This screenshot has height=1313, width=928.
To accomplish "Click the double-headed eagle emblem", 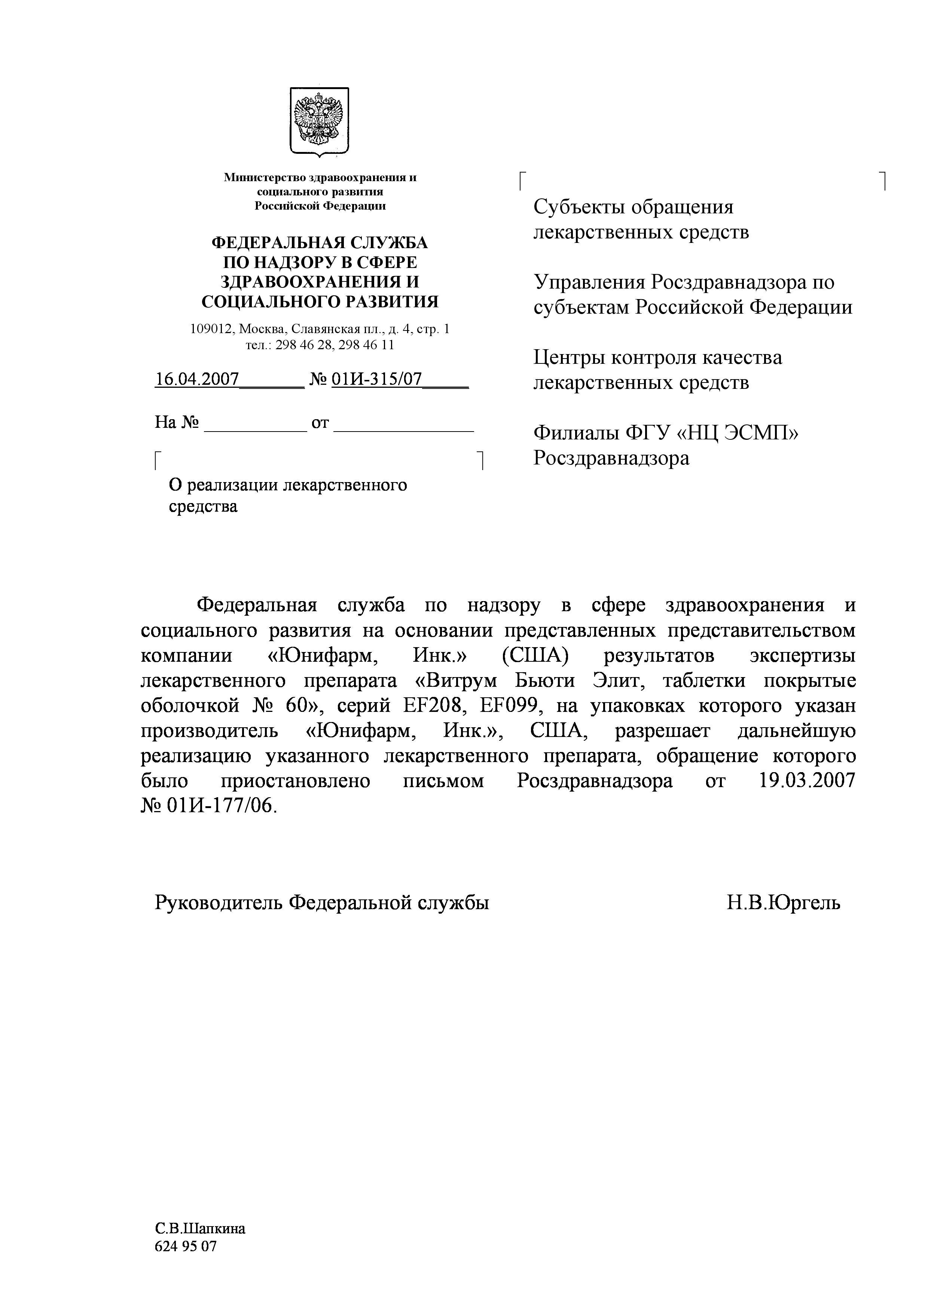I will pos(319,121).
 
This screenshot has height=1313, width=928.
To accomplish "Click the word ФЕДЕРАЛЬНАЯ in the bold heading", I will pos(277,243).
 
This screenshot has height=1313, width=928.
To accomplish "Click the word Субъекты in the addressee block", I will pos(578,207).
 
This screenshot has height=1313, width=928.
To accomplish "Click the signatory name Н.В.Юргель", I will pos(783,903).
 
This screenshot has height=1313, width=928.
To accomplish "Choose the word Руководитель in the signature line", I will pos(219,903).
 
